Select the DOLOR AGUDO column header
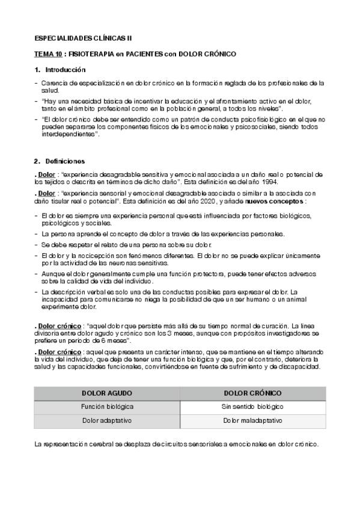tap(107, 393)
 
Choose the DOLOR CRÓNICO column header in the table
tap(252, 393)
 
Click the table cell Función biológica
tap(107, 407)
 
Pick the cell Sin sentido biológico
tap(252, 407)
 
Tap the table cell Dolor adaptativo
tap(107, 420)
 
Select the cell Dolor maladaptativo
tap(252, 420)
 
